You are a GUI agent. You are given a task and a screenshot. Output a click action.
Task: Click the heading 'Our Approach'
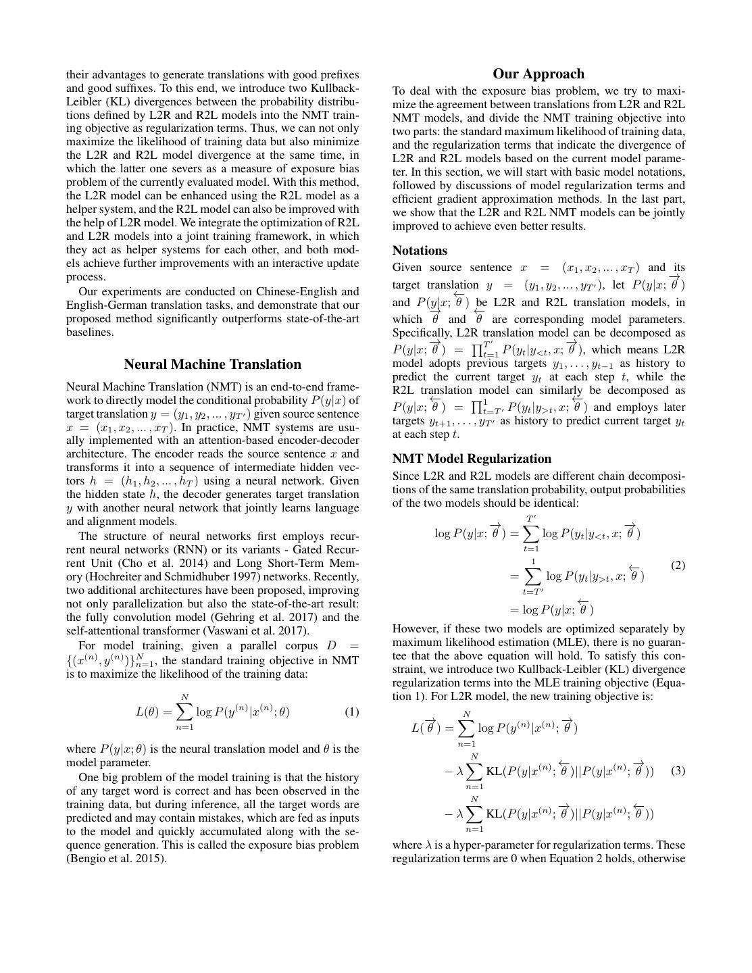[x=538, y=74]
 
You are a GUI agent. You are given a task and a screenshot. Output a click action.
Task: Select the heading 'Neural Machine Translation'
[x=212, y=364]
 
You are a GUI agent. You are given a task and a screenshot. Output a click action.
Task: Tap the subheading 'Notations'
[x=420, y=250]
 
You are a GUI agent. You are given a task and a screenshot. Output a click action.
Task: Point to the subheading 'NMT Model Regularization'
[x=472, y=458]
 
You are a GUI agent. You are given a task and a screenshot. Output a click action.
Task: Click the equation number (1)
[x=351, y=712]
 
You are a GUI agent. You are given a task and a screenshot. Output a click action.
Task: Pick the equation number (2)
[x=678, y=565]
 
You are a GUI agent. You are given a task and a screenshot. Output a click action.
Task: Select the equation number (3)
[x=678, y=770]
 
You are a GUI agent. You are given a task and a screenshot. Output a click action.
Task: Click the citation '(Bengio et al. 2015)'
[x=116, y=858]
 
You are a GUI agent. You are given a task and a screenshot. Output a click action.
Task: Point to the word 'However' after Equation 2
[x=416, y=628]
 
